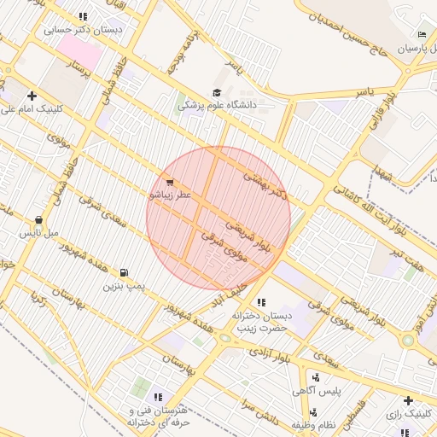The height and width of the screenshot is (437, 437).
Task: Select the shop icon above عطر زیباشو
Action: tap(170, 183)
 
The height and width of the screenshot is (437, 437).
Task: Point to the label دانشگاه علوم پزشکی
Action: tap(228, 106)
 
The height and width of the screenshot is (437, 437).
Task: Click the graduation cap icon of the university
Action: tap(217, 93)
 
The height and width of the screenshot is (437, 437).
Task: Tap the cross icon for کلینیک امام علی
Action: tap(32, 96)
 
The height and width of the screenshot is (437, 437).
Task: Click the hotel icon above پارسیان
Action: tap(422, 35)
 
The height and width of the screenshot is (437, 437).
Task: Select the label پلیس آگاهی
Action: tap(317, 391)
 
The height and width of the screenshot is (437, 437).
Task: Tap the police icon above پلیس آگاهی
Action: tap(316, 377)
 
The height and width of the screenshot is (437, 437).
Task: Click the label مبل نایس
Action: tap(39, 232)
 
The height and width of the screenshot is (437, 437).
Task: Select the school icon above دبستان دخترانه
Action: tap(260, 303)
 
